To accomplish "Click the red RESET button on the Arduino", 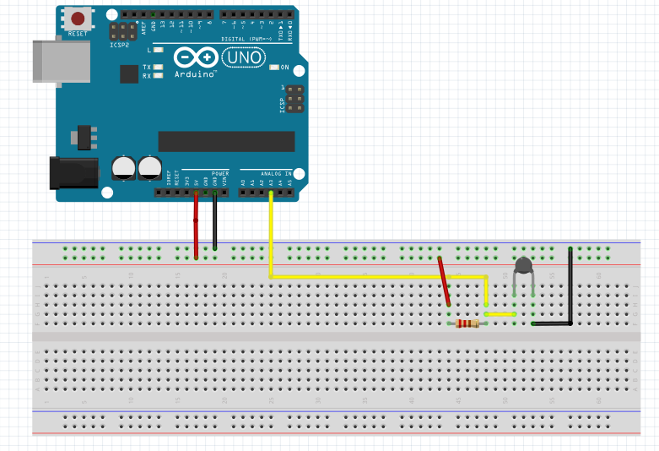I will coord(79,19).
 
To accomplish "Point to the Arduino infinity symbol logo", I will coord(196,57).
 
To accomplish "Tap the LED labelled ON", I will coord(274,68).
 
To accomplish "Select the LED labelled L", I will coord(158,51).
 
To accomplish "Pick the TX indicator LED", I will coord(158,67).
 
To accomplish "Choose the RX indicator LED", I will coord(158,76).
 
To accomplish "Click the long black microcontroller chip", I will coord(226,141).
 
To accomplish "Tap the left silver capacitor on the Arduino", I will coord(124,166).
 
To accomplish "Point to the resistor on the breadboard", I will coord(467,323).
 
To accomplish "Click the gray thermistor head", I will coord(523,267).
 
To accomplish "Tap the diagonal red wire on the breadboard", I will coord(444,280).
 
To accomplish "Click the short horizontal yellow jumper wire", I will coord(500,314).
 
